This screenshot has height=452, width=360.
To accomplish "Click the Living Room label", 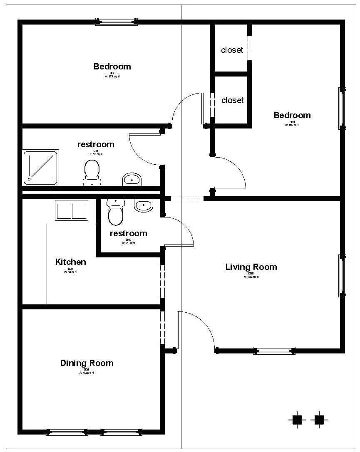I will [251, 267].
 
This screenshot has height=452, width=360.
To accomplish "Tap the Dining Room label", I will [87, 363].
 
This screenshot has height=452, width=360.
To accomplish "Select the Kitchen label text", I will [71, 262].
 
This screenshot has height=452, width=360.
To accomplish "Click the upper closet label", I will [232, 50].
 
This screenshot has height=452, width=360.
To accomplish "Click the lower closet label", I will [232, 100].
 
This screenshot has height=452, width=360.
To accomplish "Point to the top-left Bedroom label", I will [112, 67].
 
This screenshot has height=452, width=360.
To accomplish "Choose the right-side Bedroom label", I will [292, 115].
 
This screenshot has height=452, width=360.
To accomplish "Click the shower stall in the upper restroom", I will [40, 168].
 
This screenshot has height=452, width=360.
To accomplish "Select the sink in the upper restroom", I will [132, 180].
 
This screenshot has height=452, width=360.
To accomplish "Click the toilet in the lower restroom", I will [115, 212].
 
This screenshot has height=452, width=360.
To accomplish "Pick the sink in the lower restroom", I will [144, 205].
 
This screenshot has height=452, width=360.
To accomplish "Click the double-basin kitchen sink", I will [72, 211].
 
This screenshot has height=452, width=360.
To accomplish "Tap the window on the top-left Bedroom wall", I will [117, 22].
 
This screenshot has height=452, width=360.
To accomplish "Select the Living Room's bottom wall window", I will [274, 351].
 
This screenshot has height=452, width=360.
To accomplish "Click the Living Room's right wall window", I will [342, 275].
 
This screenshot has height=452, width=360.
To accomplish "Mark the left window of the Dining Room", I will [67, 432].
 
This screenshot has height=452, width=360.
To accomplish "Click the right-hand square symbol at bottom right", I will [319, 420].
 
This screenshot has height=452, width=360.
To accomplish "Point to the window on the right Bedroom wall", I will [342, 108].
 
